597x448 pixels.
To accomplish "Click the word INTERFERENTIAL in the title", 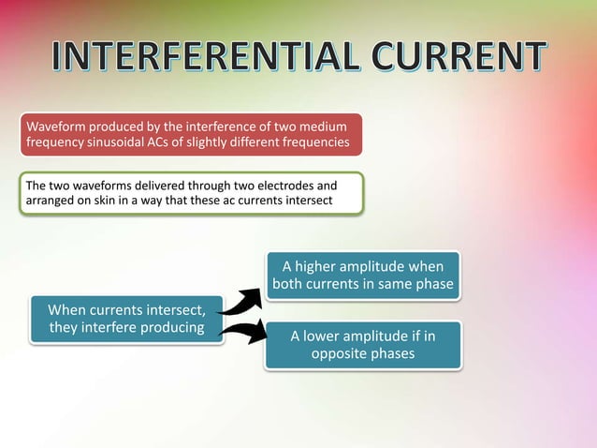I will click(x=200, y=59).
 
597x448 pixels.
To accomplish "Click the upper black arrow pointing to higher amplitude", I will click(x=241, y=300).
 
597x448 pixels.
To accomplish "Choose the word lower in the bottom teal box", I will click(x=325, y=336).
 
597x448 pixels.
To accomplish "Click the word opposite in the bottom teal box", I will click(x=340, y=353).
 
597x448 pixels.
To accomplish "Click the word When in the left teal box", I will click(x=68, y=308).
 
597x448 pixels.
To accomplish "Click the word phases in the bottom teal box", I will click(x=393, y=353).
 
